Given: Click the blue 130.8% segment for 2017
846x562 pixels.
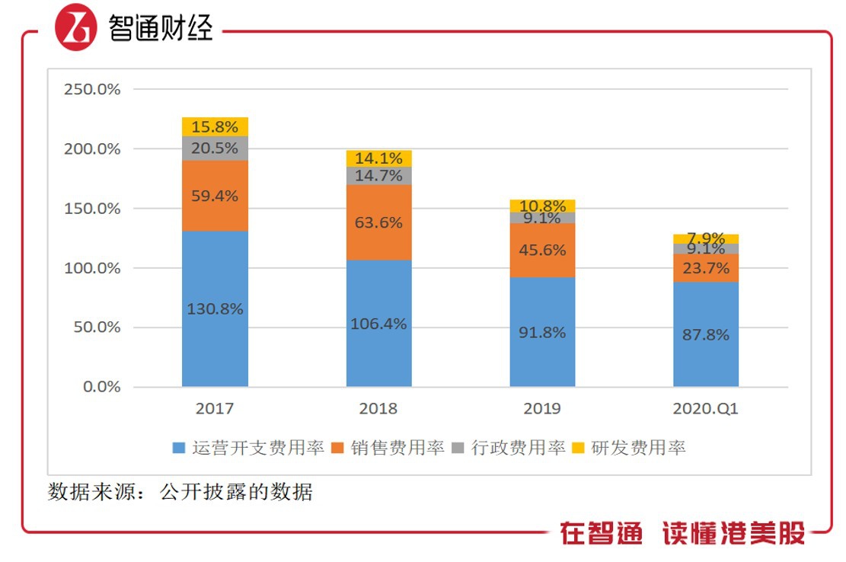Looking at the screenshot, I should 215,308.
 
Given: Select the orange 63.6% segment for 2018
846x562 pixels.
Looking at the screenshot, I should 378,222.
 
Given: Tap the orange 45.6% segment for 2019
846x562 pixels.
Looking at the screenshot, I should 542,250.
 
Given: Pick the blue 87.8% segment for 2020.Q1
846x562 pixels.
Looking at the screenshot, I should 705,334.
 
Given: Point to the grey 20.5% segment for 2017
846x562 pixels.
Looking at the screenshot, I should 215,148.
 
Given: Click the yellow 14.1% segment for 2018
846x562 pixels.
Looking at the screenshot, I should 378,158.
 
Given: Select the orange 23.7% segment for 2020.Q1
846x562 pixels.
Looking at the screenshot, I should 705,268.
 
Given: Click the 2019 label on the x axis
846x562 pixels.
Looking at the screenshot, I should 542,409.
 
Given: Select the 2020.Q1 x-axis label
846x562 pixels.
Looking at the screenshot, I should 705,409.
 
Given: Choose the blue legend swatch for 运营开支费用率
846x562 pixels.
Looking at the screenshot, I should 179,448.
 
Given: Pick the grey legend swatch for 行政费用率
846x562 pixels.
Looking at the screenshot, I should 458,448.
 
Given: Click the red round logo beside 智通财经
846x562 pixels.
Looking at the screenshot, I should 75,28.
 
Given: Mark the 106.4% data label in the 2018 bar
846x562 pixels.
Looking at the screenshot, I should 378,324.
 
